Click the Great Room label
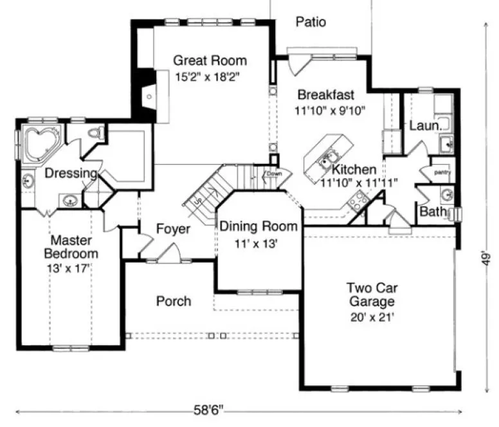pos(210,61)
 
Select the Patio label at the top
pos(311,23)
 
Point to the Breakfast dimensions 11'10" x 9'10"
pos(330,110)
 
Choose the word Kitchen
pos(354,170)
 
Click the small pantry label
pos(442,172)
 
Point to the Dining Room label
pos(259,226)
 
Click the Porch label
pos(174,301)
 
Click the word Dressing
pos(71,173)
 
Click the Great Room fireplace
pos(148,96)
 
